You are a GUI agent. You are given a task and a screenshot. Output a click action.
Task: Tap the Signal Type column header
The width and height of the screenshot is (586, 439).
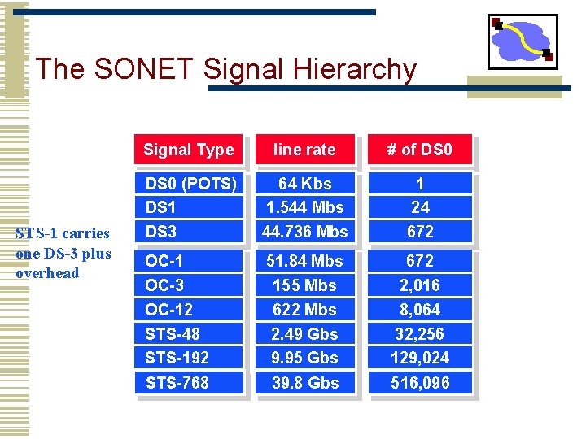[189, 150]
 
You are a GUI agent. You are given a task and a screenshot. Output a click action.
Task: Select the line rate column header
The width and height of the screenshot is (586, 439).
[304, 150]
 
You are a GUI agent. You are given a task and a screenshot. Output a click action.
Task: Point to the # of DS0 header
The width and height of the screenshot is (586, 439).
[420, 150]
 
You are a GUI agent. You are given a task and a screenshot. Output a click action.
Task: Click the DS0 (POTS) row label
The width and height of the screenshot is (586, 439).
[190, 183]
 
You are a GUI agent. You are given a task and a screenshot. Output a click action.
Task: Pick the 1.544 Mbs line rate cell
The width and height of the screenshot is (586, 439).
[304, 207]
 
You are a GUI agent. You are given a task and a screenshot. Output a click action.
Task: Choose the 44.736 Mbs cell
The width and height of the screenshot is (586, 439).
[304, 232]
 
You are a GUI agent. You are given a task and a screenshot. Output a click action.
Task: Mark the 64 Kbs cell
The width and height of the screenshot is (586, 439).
[304, 183]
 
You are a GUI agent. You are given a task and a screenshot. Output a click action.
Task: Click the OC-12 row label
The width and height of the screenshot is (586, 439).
[168, 310]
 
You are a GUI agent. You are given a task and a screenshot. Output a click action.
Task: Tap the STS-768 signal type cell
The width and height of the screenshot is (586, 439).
[177, 382]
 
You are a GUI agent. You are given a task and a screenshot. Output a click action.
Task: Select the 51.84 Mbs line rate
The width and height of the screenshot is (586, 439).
[304, 261]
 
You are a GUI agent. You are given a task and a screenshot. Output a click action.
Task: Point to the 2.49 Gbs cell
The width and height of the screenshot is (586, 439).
[304, 333]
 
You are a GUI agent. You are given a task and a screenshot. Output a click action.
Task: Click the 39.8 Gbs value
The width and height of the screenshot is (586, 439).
[304, 382]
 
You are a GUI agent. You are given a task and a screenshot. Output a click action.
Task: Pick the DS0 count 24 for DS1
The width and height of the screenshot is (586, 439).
[420, 207]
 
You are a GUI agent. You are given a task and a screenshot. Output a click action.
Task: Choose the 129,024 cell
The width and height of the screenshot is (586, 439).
[420, 358]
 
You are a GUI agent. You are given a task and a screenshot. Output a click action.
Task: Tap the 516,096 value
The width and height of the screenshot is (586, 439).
[420, 382]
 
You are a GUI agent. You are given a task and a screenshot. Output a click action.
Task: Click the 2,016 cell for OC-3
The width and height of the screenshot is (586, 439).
[420, 285]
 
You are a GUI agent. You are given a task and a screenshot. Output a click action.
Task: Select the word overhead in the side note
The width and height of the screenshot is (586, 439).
[47, 273]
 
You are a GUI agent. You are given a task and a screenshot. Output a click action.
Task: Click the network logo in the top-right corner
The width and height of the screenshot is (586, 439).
[523, 41]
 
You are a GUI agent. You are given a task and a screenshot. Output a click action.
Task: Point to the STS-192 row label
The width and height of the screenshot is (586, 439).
[177, 358]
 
